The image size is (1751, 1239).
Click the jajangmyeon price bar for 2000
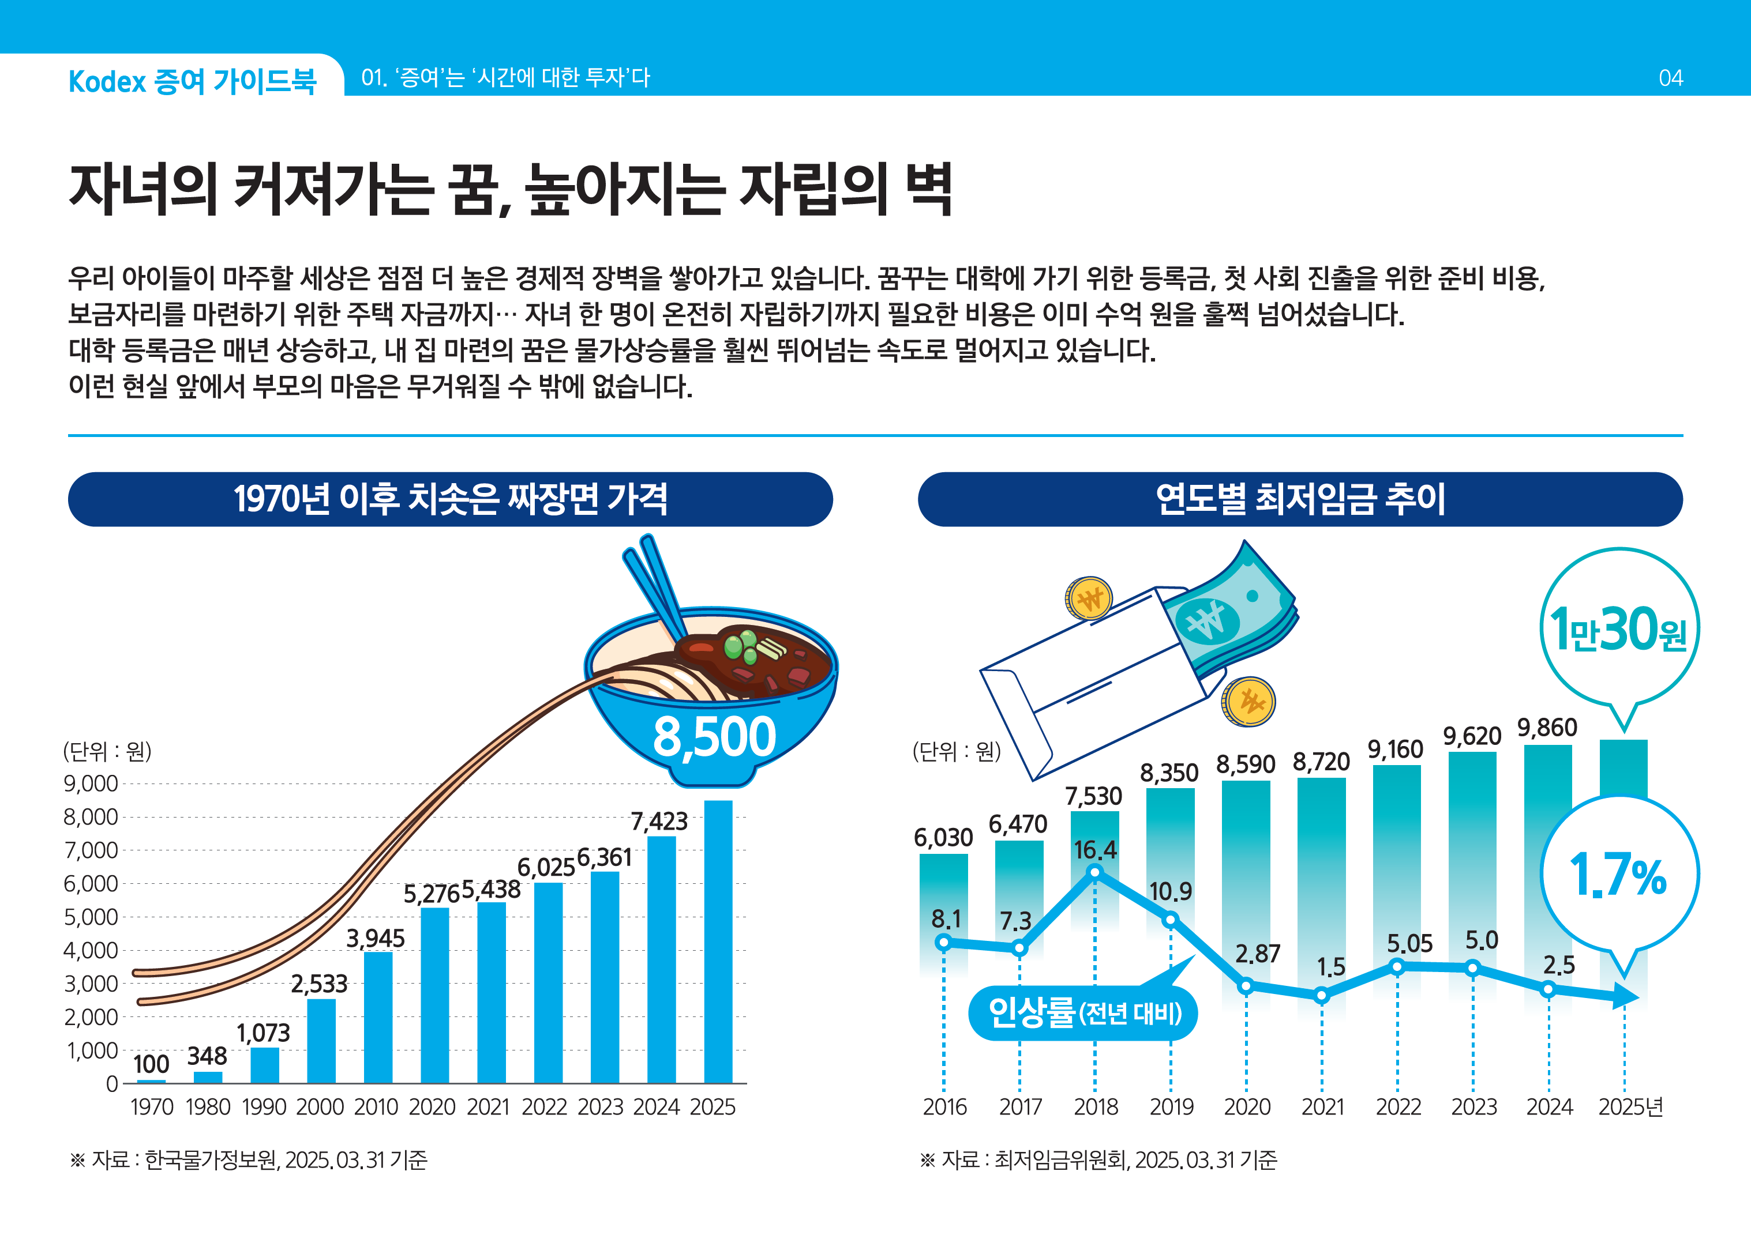pyautogui.click(x=321, y=1041)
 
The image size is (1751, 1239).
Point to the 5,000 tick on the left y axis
pyautogui.click(x=91, y=917)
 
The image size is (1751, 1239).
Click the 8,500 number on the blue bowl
pyautogui.click(x=714, y=737)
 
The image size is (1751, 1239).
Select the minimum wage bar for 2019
pyautogui.click(x=1169, y=854)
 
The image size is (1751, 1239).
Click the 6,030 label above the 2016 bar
pyautogui.click(x=943, y=838)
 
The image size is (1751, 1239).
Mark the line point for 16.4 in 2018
pyautogui.click(x=1094, y=872)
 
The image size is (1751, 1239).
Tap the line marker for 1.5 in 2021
pyautogui.click(x=1321, y=995)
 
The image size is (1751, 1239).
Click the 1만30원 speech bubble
pyautogui.click(x=1619, y=630)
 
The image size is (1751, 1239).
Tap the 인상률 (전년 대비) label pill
pyautogui.click(x=1082, y=1013)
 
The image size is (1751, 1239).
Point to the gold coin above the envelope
pyautogui.click(x=1089, y=598)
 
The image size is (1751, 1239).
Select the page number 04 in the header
pyautogui.click(x=1670, y=78)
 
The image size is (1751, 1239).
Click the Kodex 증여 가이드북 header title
pyautogui.click(x=192, y=81)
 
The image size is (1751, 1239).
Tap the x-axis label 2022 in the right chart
pyautogui.click(x=1397, y=1107)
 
